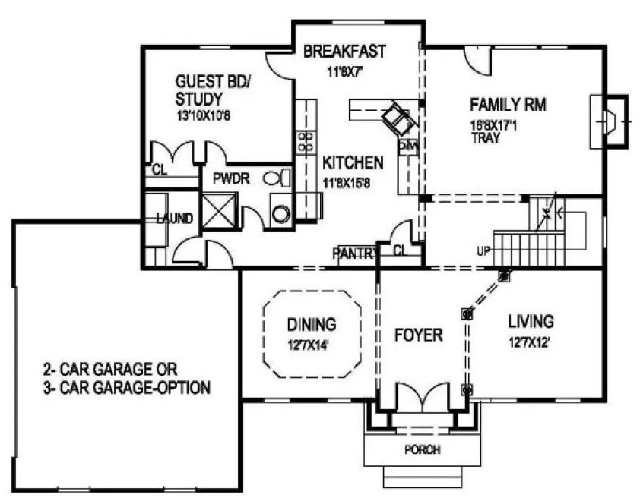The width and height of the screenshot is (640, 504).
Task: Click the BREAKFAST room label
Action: [x=344, y=52]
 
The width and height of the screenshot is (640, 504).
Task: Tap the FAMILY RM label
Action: [x=508, y=104]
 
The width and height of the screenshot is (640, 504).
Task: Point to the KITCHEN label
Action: [x=353, y=162]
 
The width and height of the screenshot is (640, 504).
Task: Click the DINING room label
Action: [x=311, y=325]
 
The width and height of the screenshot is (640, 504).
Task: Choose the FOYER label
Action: [x=418, y=335]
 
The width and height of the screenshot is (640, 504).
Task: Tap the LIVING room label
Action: [x=531, y=322]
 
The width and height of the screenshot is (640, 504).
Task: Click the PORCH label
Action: [x=422, y=449]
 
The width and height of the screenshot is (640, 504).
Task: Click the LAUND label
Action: [x=175, y=219]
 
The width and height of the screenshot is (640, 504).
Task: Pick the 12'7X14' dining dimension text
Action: [x=311, y=345]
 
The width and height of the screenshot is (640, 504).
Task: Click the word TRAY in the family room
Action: [x=485, y=139]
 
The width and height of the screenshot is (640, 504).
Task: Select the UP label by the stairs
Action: [x=483, y=250]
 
